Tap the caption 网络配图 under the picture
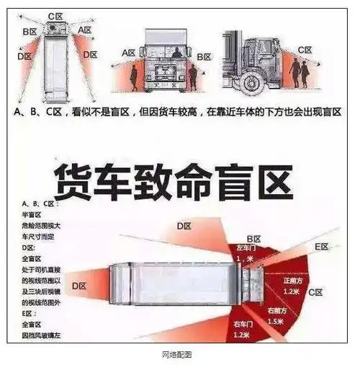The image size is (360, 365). [180, 354]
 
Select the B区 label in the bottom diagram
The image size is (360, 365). [253, 237]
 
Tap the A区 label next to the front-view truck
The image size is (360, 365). [128, 53]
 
